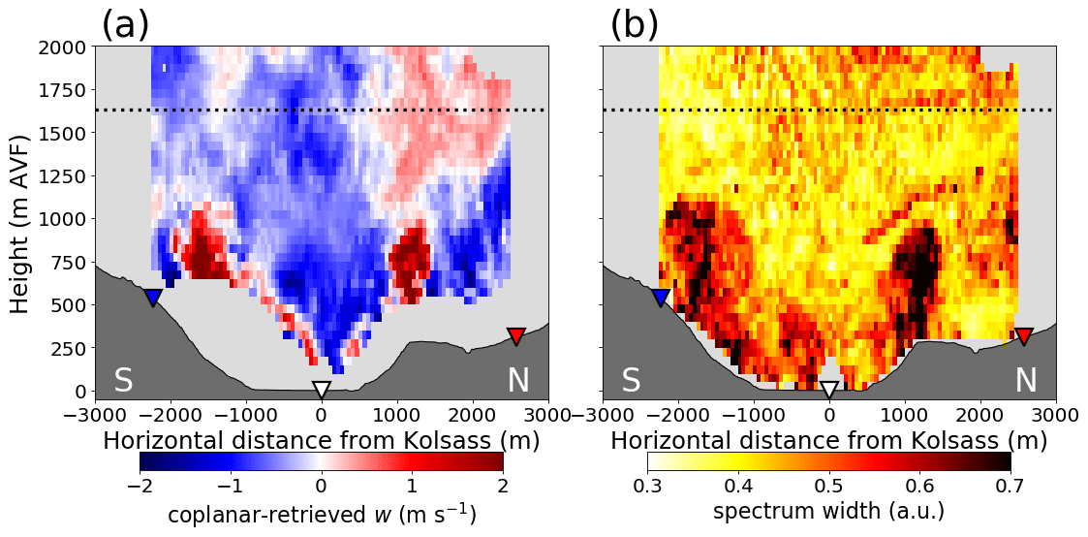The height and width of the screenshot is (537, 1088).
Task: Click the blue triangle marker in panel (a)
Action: tap(152, 297)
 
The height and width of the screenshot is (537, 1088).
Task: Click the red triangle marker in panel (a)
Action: tap(515, 335)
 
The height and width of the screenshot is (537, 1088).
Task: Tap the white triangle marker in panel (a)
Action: tap(322, 389)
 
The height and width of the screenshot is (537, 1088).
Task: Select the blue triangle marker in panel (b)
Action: tap(661, 297)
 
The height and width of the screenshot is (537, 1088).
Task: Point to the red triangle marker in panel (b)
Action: tap(1023, 335)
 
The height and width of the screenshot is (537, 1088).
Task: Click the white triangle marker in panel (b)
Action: tap(829, 389)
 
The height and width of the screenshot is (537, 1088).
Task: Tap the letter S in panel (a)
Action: tap(123, 381)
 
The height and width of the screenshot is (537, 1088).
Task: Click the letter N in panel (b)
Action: tap(1025, 381)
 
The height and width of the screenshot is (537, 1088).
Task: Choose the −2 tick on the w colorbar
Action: tap(140, 484)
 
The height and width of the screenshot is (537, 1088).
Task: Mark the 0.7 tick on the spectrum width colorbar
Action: tap(1010, 484)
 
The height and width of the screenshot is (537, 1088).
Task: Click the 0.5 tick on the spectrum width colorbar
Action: tap(829, 484)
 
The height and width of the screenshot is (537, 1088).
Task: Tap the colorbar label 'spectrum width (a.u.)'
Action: tap(828, 511)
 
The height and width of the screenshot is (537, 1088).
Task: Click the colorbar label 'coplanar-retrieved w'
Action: tap(321, 511)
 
